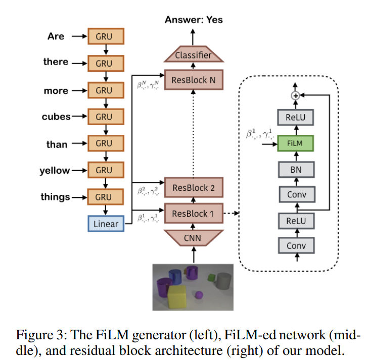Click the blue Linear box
point(106,224)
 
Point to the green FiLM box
point(295,143)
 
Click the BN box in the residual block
point(295,169)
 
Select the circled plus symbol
point(295,95)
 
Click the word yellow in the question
point(55,171)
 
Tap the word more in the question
point(56,91)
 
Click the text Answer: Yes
point(193,20)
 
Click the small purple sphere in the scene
point(199,295)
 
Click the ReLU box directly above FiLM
point(295,117)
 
